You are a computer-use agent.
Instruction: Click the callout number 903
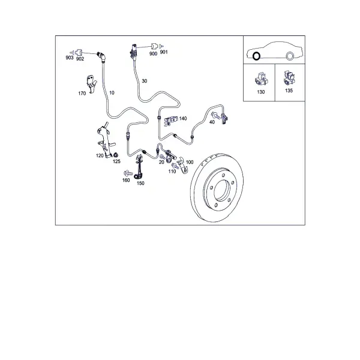[70, 58]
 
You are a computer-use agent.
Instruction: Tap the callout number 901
[164, 52]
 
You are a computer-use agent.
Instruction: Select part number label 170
[82, 94]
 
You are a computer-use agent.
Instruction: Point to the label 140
[183, 118]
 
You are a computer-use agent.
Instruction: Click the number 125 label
[116, 161]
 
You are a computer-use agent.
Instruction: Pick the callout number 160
[126, 180]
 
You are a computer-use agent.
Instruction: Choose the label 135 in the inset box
[289, 91]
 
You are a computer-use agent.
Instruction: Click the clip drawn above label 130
[261, 79]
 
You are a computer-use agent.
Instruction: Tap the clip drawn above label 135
[289, 77]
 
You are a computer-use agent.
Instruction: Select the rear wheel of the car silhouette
[290, 56]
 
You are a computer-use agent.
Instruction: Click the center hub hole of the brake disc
[222, 190]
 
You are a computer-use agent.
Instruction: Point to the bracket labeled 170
[91, 83]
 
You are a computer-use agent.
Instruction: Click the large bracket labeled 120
[105, 140]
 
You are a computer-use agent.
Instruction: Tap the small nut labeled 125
[116, 154]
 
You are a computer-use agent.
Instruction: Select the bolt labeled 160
[128, 173]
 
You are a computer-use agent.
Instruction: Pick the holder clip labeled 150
[139, 167]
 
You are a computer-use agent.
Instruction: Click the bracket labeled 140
[171, 121]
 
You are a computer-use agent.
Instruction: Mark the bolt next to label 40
[215, 115]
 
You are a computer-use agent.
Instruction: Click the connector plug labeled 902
[79, 53]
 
